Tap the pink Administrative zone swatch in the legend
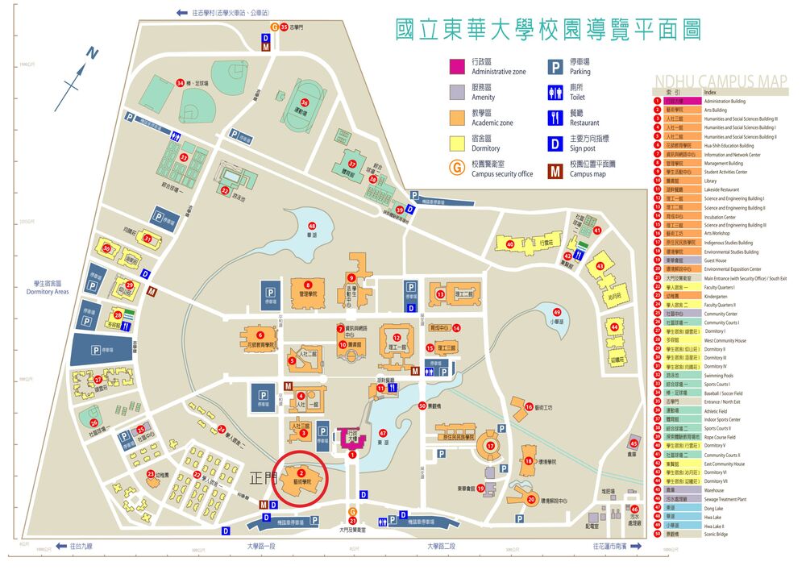point(456,66)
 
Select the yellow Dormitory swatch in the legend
point(456,143)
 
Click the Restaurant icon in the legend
point(555,118)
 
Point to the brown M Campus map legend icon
point(555,169)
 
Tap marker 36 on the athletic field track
point(304,102)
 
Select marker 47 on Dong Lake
point(383,433)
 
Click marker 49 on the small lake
point(557,313)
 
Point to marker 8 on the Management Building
point(308,285)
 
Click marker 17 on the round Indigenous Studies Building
point(490,446)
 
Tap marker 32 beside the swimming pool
point(225,191)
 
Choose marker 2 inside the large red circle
point(301,473)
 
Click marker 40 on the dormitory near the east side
point(509,243)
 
